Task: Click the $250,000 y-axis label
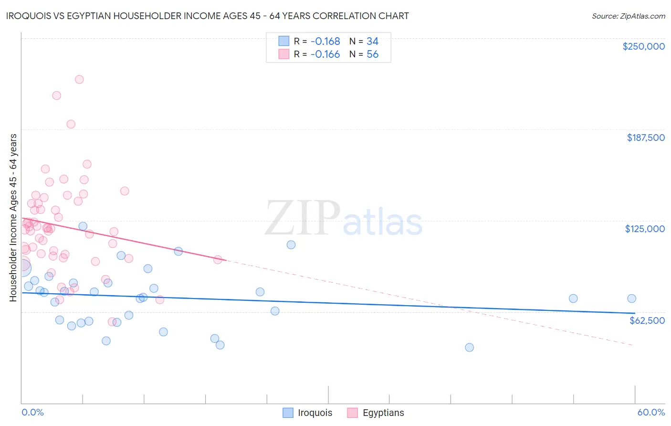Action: tap(643, 46)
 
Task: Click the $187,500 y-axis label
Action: tap(645, 138)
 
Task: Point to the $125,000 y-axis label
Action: tap(645, 229)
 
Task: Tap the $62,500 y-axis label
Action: tap(647, 320)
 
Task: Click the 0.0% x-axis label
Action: tap(32, 412)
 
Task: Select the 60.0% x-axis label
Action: tap(651, 412)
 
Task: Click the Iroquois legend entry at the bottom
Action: tap(308, 413)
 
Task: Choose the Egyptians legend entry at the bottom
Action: tap(376, 413)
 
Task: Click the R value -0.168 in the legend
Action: tap(325, 42)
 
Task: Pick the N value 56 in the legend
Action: tap(372, 54)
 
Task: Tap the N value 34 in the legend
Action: tap(372, 42)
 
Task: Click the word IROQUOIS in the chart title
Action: tap(30, 16)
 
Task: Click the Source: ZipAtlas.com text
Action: tap(628, 16)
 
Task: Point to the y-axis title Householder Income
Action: tap(13, 217)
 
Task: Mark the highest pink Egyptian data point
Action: tap(79, 79)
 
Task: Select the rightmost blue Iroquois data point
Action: tap(631, 298)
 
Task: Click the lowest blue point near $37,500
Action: tap(469, 347)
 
